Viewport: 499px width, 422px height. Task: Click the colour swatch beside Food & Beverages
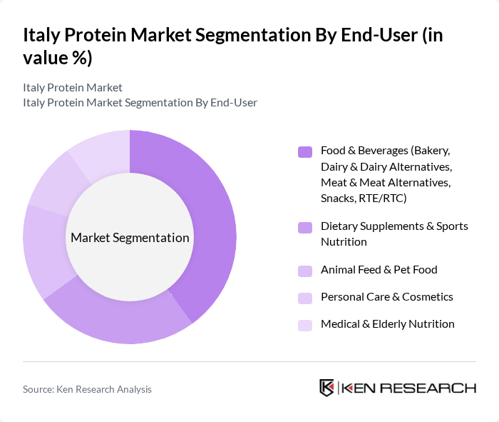[x=305, y=151]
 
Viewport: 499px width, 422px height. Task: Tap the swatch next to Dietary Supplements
[x=305, y=227]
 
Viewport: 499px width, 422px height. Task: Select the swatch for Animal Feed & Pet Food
[x=305, y=270]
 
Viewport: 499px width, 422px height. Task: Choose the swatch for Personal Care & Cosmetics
[x=305, y=297]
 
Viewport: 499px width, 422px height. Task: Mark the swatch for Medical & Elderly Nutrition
[x=305, y=324]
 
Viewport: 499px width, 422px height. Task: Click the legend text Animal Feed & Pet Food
[x=379, y=270]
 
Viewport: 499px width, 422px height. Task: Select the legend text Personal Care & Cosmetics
[x=386, y=297]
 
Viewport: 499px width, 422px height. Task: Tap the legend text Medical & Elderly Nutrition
[x=387, y=324]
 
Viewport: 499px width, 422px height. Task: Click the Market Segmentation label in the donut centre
[x=130, y=238]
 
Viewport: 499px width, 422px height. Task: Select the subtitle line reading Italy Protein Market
[x=73, y=87]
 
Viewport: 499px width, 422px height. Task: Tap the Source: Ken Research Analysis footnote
[x=87, y=389]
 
